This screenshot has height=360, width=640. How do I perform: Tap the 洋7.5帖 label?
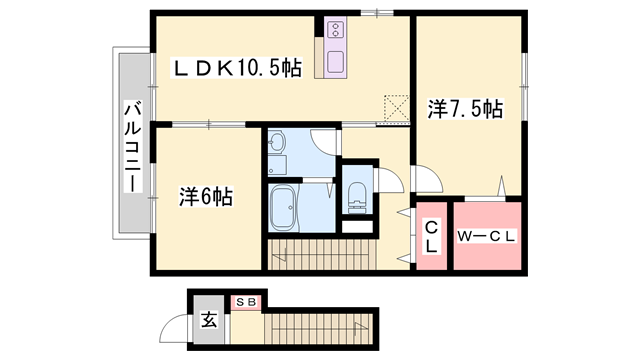coord(466,109)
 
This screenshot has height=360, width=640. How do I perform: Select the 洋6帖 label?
coord(206,197)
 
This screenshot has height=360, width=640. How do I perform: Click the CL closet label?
coord(432,237)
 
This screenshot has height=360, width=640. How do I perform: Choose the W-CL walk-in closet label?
coord(486,237)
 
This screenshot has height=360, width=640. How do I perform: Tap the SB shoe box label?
coord(246,301)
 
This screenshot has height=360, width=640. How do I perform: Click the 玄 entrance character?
coord(209,321)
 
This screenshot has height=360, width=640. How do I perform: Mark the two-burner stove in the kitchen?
coord(334,30)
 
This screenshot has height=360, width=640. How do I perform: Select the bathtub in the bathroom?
coord(285,208)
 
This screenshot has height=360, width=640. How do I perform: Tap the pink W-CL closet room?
coord(487,235)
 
